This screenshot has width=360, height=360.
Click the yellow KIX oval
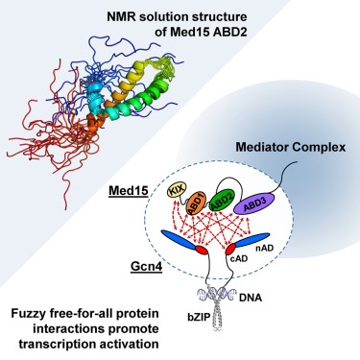click(x=178, y=192)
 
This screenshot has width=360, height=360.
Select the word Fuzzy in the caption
click(x=36, y=312)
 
